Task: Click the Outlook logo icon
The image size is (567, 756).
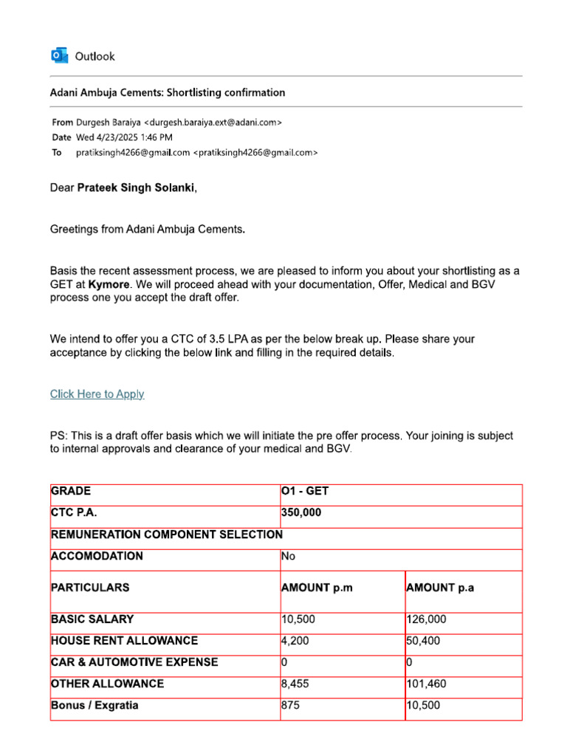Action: click(x=59, y=55)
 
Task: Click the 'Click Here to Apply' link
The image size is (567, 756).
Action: click(x=97, y=394)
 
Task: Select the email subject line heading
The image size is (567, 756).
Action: click(x=167, y=92)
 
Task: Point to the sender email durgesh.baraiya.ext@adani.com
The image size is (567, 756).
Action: click(x=213, y=122)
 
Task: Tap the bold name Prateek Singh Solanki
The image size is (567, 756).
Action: click(x=136, y=188)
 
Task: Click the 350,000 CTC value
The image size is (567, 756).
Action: click(x=301, y=513)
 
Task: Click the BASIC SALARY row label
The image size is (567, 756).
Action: click(x=92, y=619)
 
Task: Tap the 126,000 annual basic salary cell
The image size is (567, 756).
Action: click(x=426, y=619)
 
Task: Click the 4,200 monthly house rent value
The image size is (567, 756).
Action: click(x=295, y=641)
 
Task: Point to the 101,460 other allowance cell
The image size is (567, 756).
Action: click(x=426, y=684)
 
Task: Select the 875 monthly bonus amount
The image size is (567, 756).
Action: click(x=291, y=705)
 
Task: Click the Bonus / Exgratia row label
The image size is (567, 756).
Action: click(x=94, y=705)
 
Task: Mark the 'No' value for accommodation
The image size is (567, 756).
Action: click(x=288, y=556)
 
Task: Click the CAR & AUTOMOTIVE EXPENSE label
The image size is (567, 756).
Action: click(x=134, y=662)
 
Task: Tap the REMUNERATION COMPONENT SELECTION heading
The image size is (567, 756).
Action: click(x=166, y=535)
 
